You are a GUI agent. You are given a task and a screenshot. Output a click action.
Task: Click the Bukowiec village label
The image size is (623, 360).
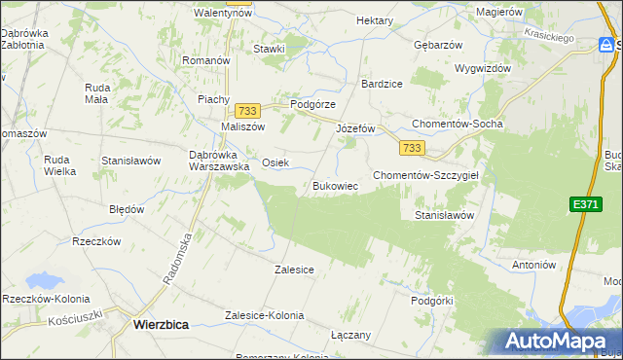(x=336, y=185)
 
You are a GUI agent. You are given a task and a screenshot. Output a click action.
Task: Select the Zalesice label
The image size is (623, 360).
(x=294, y=270)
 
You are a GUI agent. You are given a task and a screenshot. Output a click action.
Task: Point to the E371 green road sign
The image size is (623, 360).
(x=584, y=202)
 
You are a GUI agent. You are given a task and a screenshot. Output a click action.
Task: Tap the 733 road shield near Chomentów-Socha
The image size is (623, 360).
(x=411, y=147)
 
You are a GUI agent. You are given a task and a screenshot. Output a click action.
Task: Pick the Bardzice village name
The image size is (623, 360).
(x=382, y=84)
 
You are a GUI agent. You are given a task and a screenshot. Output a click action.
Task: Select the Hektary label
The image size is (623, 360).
(x=375, y=20)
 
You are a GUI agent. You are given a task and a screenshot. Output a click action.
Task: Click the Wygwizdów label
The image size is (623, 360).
(x=482, y=69)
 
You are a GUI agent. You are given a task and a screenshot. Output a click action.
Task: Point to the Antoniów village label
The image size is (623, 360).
(x=532, y=264)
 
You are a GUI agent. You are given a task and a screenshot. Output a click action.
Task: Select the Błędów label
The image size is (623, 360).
(x=127, y=209)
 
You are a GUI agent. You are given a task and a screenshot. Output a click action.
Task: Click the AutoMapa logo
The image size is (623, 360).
(x=559, y=341)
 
